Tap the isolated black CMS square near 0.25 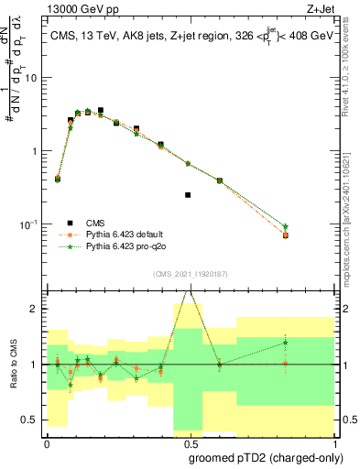point(188,195)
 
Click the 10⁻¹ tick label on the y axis point(31,224)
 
